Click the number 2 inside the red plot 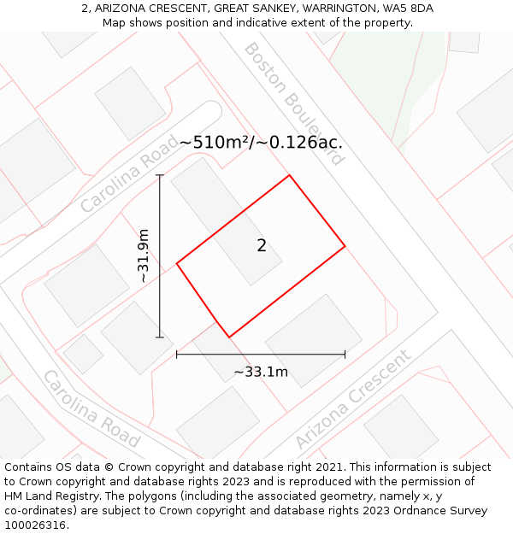click(262, 246)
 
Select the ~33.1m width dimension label click(261, 372)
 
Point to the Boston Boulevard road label click(293, 102)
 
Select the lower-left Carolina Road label click(91, 408)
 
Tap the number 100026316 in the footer click(33, 525)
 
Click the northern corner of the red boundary click(289, 176)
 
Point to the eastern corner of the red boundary click(345, 247)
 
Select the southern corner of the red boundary click(228, 337)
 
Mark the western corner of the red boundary click(177, 264)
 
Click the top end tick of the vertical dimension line click(160, 175)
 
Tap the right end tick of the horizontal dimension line click(345, 354)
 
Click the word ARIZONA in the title click(121, 9)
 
